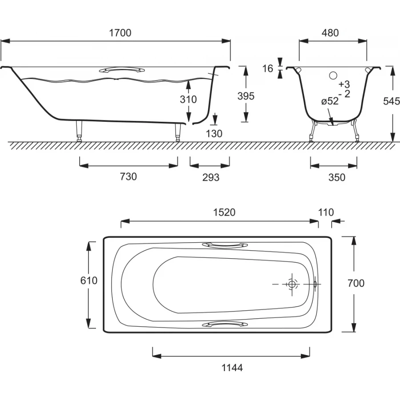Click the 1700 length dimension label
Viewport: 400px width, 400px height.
coord(120,33)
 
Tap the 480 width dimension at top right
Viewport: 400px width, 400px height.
coord(330,33)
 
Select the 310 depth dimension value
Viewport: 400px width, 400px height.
coord(188,99)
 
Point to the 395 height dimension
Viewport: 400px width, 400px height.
coord(246,96)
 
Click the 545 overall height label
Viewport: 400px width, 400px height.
coord(392,101)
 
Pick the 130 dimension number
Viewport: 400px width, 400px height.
coord(214,133)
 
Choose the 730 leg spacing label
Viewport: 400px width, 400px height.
coord(128,176)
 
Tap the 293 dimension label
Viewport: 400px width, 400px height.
coord(211,177)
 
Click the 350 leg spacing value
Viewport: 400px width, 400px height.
coord(337,177)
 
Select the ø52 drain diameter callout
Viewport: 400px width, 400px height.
coord(330,101)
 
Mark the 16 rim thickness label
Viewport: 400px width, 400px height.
coord(268,68)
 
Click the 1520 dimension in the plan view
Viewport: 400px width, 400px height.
coord(224,212)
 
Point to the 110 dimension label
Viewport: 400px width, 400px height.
coord(326,212)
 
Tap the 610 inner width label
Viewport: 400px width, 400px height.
coord(89,280)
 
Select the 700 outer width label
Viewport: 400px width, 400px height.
coord(356,283)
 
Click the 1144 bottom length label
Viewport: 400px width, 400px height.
coord(232,368)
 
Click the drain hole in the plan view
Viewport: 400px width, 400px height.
coord(292,284)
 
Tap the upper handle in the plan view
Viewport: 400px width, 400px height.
coord(225,245)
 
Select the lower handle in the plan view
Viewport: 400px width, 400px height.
coord(225,324)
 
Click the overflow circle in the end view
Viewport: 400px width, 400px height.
coord(333,75)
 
